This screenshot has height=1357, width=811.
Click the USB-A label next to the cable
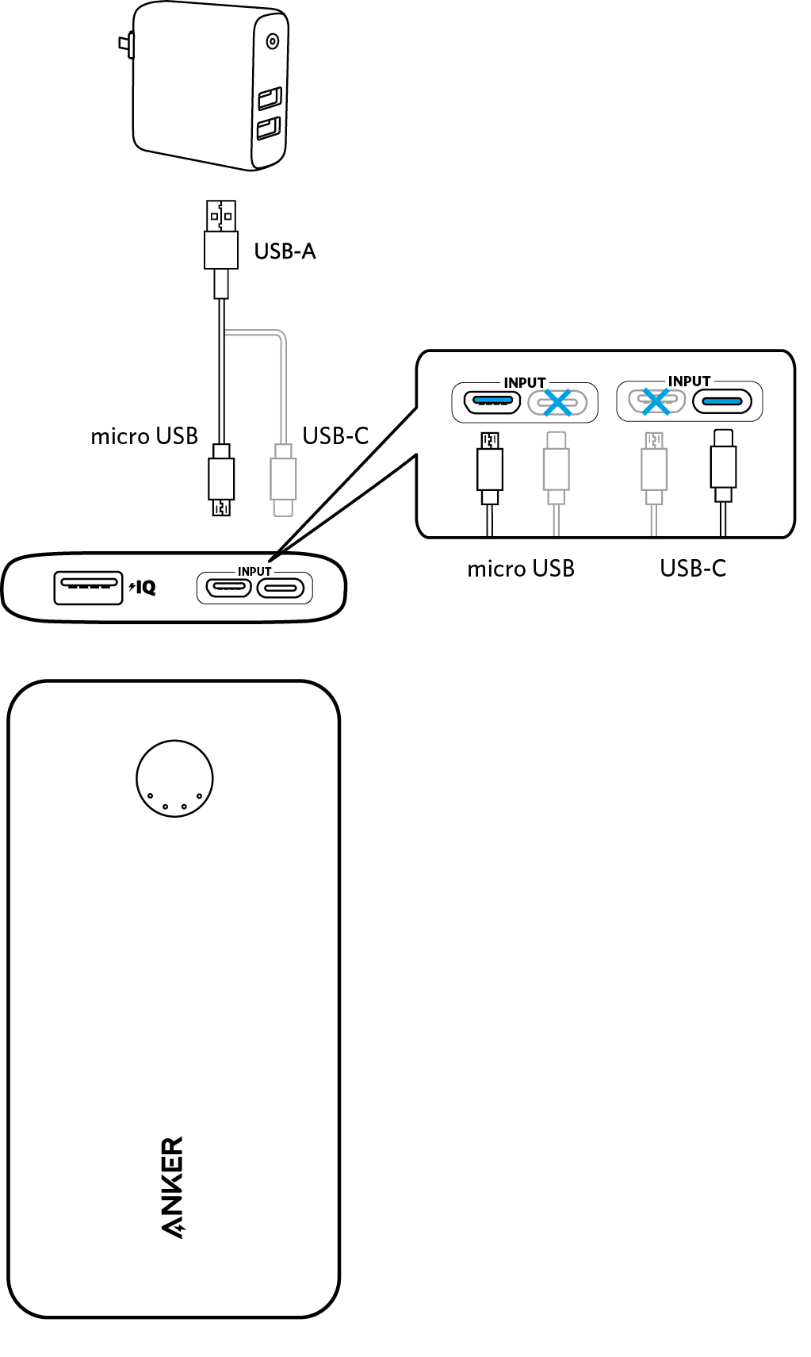pos(285,251)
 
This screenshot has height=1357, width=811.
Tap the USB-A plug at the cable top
pos(221,235)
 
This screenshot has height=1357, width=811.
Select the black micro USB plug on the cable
pos(221,480)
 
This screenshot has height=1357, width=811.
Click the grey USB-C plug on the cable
pos(283,480)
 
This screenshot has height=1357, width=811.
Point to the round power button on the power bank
pos(174,779)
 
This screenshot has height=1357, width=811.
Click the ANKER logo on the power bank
pos(172,1186)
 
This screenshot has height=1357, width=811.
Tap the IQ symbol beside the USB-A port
pos(143,588)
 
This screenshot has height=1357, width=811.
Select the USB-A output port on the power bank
pos(88,588)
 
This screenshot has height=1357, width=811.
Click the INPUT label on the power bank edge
pos(254,571)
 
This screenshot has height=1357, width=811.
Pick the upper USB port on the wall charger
pos(270,98)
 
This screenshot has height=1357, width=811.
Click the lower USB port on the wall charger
pos(269,128)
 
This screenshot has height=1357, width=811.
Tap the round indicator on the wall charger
pos(273,41)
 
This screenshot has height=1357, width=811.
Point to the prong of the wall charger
pos(125,46)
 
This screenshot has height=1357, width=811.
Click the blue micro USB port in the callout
pos(492,401)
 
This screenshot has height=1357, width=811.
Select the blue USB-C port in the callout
pos(722,402)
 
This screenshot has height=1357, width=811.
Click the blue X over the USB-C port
pos(558,402)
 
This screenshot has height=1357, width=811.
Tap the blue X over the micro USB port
pos(656,401)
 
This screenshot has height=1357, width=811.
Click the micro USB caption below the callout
pos(521,569)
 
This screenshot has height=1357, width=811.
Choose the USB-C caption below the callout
pos(693,569)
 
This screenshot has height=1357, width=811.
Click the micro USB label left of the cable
pos(144,436)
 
